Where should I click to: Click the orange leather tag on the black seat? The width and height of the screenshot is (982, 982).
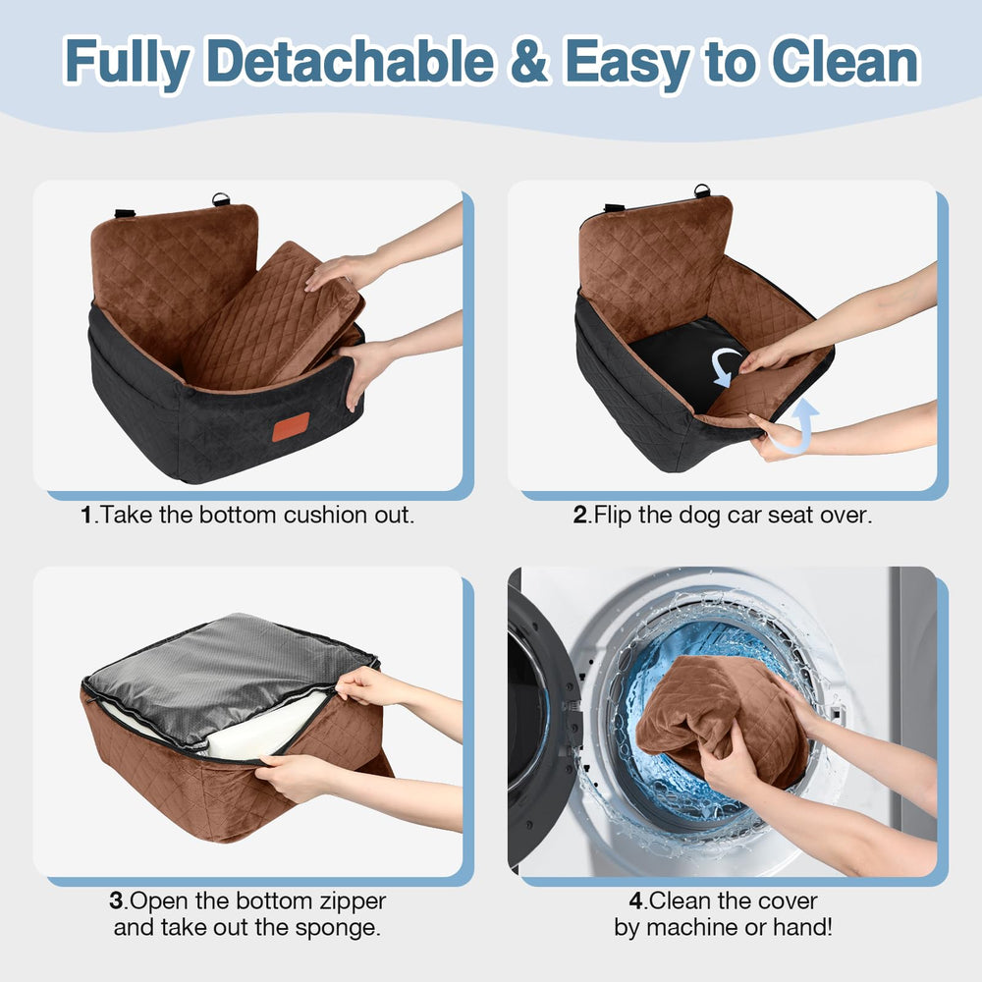click(x=290, y=426)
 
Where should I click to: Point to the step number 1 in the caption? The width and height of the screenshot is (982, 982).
click(x=86, y=515)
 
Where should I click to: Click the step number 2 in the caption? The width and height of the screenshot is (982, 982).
click(x=579, y=515)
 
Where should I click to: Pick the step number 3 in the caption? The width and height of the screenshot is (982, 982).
click(x=116, y=900)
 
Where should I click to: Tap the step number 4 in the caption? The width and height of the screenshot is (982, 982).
click(x=634, y=900)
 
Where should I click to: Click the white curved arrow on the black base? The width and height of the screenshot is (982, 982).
click(x=728, y=364)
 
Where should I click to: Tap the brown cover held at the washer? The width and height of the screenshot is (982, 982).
click(x=717, y=712)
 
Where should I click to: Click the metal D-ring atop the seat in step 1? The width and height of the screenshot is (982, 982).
click(x=221, y=200)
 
